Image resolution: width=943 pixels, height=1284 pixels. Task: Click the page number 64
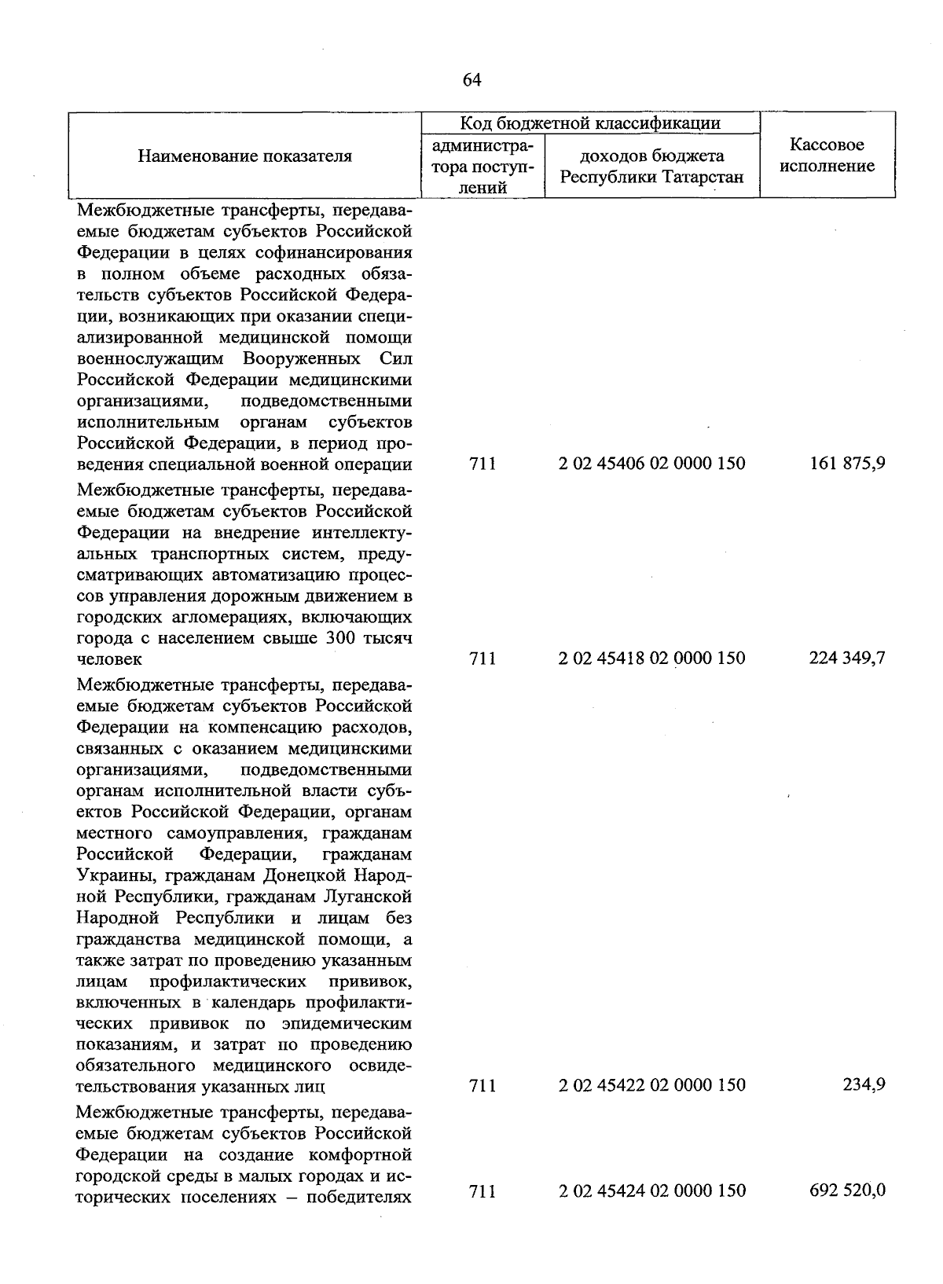[x=472, y=80]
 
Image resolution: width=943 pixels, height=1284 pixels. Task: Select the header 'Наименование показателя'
[x=245, y=156]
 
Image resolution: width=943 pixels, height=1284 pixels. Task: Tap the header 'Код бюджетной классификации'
[x=590, y=123]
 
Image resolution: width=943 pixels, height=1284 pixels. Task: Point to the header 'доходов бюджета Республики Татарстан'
[x=651, y=167]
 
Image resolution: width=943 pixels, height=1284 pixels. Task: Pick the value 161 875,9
[x=847, y=464]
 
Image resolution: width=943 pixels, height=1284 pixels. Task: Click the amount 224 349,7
[x=847, y=658]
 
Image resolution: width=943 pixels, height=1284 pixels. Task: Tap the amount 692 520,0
[x=847, y=1190]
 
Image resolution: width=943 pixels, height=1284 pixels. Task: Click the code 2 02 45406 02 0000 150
[x=651, y=464]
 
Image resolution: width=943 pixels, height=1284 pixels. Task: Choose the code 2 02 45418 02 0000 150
[x=651, y=658]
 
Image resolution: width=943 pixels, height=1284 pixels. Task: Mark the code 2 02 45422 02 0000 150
[x=651, y=1085]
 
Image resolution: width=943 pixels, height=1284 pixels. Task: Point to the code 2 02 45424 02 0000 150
[x=651, y=1190]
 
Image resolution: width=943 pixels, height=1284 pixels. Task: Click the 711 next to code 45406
[x=482, y=464]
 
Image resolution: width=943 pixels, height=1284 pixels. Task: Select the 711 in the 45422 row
[x=482, y=1085]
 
